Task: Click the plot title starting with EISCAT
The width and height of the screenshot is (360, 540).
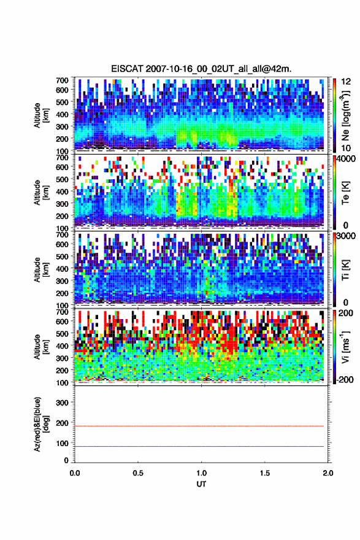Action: click(x=201, y=69)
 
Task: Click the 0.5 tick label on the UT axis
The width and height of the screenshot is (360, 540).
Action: click(x=138, y=473)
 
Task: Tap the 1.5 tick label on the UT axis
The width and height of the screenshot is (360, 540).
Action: click(x=265, y=473)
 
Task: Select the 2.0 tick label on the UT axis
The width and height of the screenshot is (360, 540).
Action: click(x=328, y=473)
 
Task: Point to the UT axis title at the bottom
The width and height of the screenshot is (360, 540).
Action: click(x=201, y=484)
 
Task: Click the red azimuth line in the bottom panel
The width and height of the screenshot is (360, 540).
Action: click(x=199, y=426)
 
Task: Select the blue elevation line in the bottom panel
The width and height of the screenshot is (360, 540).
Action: click(x=199, y=446)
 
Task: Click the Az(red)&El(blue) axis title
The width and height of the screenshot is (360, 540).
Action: click(x=41, y=424)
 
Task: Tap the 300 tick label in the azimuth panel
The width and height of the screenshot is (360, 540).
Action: click(x=63, y=403)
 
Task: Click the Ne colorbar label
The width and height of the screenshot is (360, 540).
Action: click(x=345, y=117)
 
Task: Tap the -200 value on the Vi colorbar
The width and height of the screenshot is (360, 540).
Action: click(x=345, y=380)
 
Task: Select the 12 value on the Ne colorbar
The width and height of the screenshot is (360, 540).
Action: click(x=346, y=82)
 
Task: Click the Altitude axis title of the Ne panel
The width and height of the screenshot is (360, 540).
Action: click(x=41, y=115)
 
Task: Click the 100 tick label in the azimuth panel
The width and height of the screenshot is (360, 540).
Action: click(x=63, y=443)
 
